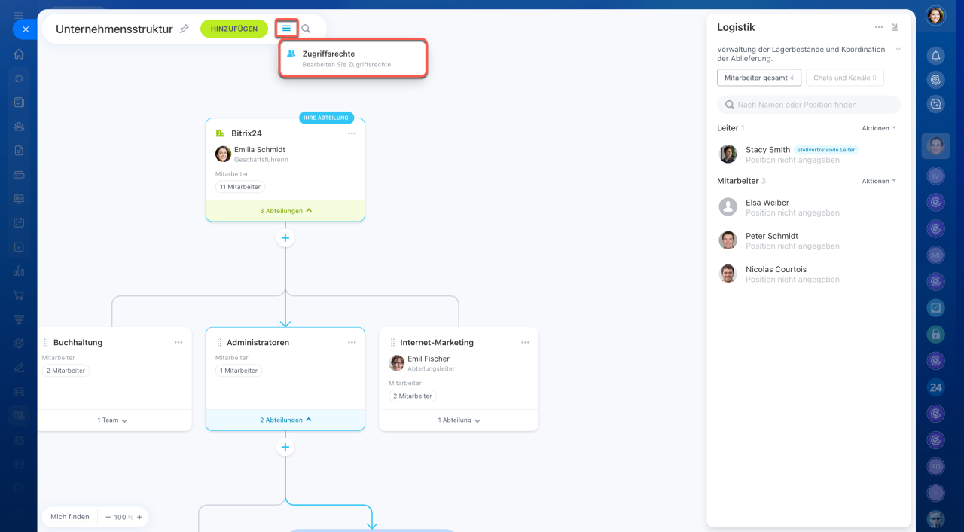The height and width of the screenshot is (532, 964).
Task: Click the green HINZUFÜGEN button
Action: click(234, 29)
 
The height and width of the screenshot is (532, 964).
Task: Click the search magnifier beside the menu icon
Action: click(306, 29)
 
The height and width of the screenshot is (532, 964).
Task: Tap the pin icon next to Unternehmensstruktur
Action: click(185, 29)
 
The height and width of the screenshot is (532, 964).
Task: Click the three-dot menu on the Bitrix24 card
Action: click(352, 133)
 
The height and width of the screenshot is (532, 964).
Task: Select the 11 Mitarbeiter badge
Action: click(240, 187)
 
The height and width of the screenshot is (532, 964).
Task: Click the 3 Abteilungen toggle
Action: click(285, 211)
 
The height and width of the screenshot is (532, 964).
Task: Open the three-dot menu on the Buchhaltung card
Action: click(178, 343)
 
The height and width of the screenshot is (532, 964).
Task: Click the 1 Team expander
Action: click(112, 420)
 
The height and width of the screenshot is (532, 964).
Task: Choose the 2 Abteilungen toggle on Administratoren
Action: click(285, 420)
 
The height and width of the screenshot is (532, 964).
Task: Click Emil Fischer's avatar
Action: click(396, 363)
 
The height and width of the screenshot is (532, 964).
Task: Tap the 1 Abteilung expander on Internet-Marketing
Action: click(459, 420)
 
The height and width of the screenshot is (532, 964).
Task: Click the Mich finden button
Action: click(70, 517)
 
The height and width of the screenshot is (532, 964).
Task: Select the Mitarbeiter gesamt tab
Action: click(758, 78)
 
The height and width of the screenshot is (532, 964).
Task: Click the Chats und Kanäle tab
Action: click(844, 78)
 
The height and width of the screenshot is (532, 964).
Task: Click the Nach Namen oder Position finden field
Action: click(809, 105)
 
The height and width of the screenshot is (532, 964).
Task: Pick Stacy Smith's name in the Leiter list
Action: click(767, 150)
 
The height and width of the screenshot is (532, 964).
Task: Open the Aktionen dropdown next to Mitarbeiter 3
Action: click(879, 181)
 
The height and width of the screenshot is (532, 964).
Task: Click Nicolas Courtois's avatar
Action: click(728, 274)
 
